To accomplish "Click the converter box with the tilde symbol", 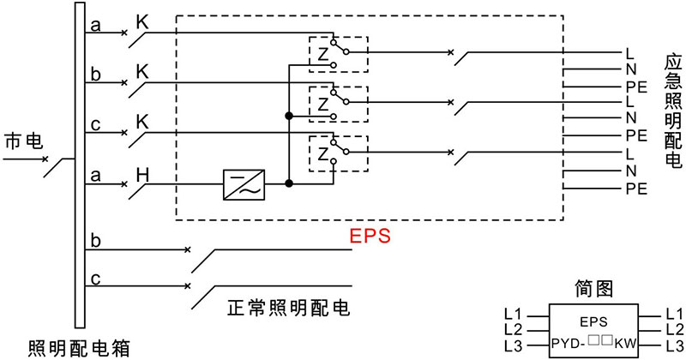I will [244, 183].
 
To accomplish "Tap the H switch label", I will [143, 176].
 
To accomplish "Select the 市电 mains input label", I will [22, 141].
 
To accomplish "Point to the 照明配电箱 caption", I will [79, 348].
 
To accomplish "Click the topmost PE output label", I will [635, 87].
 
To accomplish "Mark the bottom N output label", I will [630, 170].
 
